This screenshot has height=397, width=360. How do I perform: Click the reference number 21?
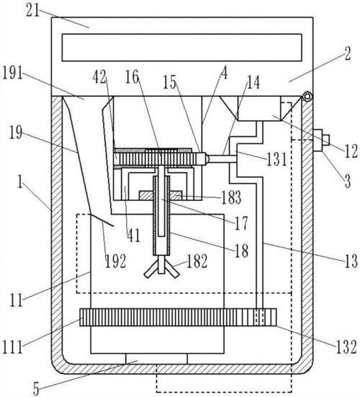(33, 11)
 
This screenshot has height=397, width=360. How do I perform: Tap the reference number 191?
(12, 73)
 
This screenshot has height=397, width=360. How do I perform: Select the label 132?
(346, 347)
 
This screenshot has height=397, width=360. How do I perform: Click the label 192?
(116, 262)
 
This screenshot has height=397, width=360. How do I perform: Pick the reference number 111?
(12, 347)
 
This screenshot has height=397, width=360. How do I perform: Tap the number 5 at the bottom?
(36, 388)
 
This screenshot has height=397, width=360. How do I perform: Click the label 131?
(277, 159)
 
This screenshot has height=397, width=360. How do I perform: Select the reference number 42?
(99, 77)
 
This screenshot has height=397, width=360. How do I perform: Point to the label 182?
(197, 262)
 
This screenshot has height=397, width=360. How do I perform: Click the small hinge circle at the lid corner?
(307, 97)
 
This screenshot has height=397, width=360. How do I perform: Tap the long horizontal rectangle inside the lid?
(182, 48)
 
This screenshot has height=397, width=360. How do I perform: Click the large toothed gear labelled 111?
(178, 317)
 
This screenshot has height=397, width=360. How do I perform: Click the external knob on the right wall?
(321, 140)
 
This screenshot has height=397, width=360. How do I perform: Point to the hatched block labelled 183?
(161, 196)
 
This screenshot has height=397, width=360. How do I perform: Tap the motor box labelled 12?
(260, 108)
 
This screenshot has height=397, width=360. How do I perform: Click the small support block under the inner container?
(156, 359)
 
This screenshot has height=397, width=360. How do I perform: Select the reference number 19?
(16, 133)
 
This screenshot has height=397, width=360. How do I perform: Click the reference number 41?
(134, 236)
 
